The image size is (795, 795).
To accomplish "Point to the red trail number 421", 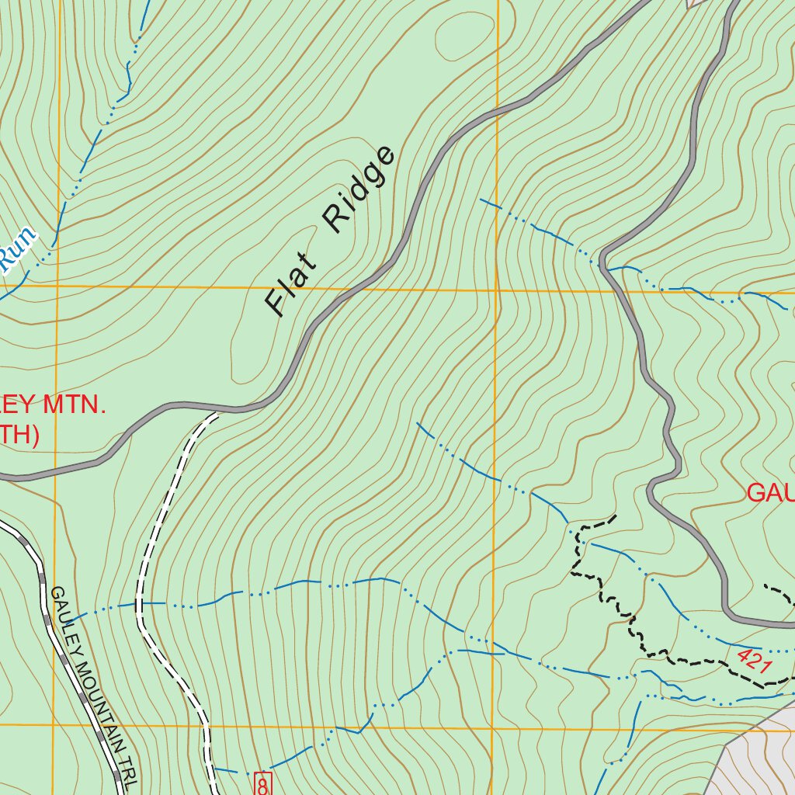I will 753,661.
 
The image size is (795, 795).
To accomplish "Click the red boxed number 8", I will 262,784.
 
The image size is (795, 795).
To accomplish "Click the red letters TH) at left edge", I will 19,436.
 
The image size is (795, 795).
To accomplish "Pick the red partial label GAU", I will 769,492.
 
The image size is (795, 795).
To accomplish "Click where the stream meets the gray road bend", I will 603,262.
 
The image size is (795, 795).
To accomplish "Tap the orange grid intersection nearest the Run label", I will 55,286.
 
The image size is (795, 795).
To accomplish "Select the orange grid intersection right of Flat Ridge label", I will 496,290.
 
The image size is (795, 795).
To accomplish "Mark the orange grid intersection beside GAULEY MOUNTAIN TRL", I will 54,725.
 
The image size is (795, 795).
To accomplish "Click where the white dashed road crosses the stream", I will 141,602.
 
